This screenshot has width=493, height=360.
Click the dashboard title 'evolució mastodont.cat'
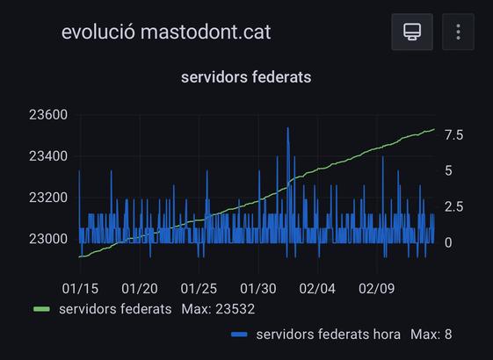tap(166, 32)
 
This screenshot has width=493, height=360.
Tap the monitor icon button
tap(411, 32)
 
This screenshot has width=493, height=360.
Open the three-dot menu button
tap(459, 32)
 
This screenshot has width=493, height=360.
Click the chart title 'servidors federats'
tap(246, 77)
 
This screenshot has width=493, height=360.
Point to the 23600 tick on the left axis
tap(47, 115)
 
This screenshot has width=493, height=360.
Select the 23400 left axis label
tap(47, 156)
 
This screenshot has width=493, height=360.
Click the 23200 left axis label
tap(47, 198)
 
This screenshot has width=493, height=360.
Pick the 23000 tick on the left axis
tap(47, 239)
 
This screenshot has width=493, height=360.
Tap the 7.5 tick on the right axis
tap(453, 134)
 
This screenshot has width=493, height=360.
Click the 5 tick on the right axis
tap(448, 170)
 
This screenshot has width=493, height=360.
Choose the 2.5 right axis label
tap(453, 206)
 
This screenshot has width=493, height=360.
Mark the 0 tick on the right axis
tap(448, 242)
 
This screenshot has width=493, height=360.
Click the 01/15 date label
tap(80, 288)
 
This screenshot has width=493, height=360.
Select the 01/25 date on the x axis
tap(199, 288)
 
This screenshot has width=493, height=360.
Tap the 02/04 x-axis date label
tap(317, 288)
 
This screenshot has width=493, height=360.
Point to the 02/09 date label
tap(376, 288)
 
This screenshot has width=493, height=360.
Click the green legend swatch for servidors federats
tap(41, 309)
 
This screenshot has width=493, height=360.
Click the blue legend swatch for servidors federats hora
tap(238, 335)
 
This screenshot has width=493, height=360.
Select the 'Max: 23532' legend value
tap(218, 309)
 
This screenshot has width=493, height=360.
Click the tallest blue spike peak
tap(287, 128)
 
